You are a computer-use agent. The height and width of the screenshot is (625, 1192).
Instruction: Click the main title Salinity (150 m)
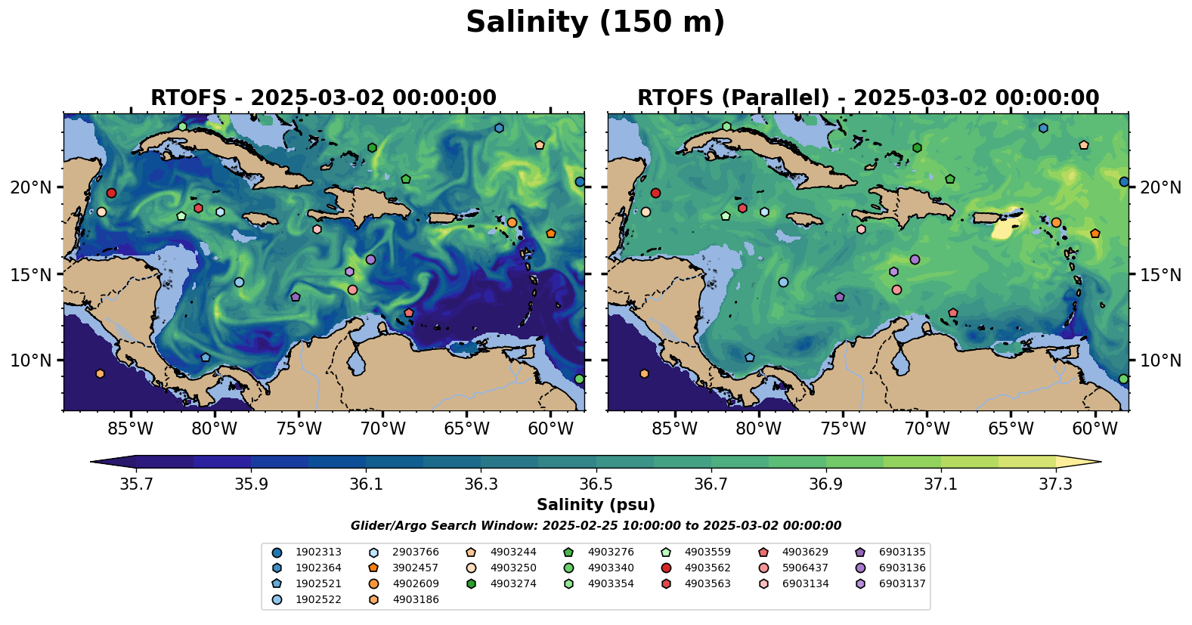click(x=596, y=23)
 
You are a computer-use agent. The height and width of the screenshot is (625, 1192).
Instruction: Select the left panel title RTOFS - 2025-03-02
click(x=324, y=98)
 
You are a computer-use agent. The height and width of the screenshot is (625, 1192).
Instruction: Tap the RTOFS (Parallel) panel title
click(x=868, y=98)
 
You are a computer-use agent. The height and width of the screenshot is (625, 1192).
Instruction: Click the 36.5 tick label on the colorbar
click(x=596, y=484)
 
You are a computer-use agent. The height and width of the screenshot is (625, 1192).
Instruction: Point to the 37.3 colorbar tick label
click(x=1055, y=484)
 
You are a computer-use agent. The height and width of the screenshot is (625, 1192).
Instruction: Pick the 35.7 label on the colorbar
click(x=136, y=484)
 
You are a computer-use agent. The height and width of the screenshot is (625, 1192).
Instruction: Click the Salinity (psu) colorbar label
click(x=596, y=505)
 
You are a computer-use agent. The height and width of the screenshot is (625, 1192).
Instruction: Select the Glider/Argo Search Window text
click(x=596, y=526)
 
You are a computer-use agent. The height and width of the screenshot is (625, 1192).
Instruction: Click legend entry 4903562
click(x=707, y=568)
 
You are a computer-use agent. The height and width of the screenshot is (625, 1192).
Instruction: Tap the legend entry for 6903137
click(x=902, y=584)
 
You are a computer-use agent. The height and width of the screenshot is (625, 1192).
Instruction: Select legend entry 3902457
click(x=415, y=568)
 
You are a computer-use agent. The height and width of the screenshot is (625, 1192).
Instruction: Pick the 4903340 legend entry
click(x=610, y=568)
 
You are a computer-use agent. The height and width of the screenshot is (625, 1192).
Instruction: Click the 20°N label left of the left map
click(x=31, y=187)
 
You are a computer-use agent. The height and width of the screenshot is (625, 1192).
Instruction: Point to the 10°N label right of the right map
click(x=1160, y=360)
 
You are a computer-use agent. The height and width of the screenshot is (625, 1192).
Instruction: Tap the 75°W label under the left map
click(x=299, y=429)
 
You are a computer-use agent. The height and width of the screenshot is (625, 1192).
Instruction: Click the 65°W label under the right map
click(x=1011, y=429)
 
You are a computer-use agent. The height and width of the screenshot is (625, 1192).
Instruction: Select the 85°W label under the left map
click(x=131, y=429)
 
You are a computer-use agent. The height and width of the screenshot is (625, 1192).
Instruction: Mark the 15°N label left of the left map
click(x=31, y=274)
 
